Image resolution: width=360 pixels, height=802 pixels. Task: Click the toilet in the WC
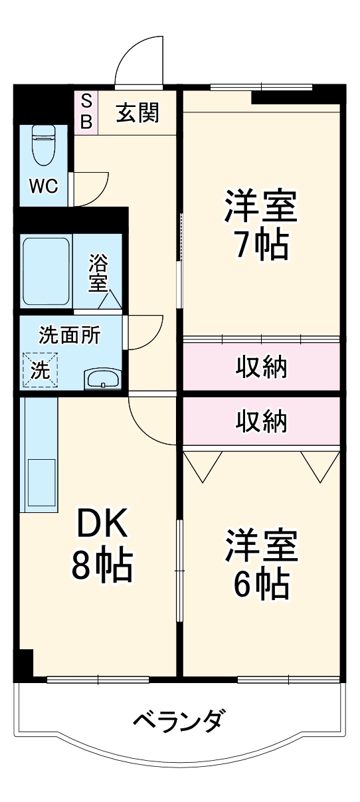pos(44,146)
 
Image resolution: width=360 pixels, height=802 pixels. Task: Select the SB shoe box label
pos(86,112)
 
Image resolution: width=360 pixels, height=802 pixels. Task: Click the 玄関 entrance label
pos(137,113)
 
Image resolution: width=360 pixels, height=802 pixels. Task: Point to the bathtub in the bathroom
pos(46,272)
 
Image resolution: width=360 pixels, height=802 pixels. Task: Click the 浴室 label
pos(98,272)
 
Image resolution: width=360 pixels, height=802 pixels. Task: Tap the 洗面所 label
pos(70,335)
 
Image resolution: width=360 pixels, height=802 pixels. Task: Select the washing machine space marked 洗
pos(42,369)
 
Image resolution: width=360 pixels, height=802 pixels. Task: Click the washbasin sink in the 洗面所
pos(102,379)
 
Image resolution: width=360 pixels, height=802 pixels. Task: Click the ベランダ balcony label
pos(179,721)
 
